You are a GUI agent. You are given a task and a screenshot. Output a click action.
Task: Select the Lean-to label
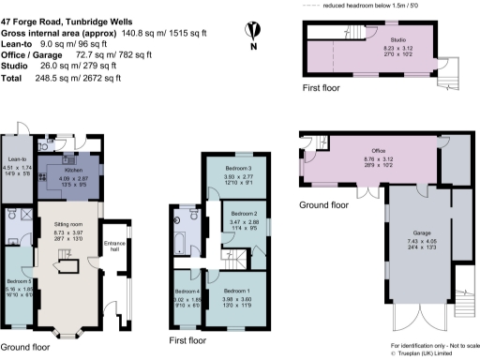click(15, 160)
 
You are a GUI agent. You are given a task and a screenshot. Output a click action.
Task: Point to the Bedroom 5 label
click(18, 281)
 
